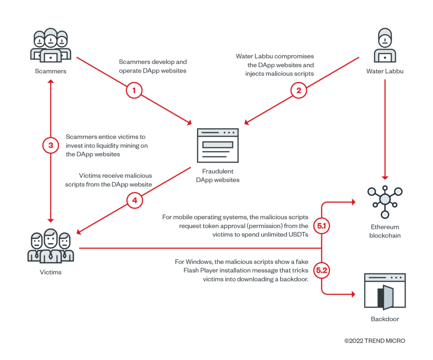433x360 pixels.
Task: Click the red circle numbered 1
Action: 134,90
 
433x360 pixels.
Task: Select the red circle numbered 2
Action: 299,90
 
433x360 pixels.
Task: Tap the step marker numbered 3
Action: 51,146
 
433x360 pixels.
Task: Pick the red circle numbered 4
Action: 135,200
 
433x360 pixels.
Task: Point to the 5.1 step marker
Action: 322,226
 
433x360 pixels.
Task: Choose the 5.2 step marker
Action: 322,270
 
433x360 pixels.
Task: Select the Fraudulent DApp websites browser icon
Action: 218,145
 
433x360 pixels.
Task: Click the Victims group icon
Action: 51,246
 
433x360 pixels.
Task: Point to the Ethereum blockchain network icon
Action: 384,199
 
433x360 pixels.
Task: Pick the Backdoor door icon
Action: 384,291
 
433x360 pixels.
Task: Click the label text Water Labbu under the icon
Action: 385,71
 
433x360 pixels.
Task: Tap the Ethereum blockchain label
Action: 384,231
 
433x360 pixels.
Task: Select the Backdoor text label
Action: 385,319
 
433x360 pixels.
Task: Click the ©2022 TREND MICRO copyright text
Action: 375,341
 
